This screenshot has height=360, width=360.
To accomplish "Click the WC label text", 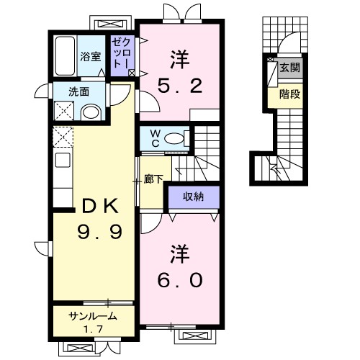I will tap(153, 138).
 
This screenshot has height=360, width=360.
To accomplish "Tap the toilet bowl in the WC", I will tap(175, 138).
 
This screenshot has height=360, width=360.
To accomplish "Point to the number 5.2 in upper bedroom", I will tap(180, 87).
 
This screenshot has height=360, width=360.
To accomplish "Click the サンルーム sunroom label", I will tap(92, 317).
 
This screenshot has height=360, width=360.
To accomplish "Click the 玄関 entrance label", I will tap(290, 68).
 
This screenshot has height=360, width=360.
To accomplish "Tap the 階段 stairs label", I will tap(290, 93).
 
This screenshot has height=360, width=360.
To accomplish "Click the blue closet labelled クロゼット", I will tap(120, 54).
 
